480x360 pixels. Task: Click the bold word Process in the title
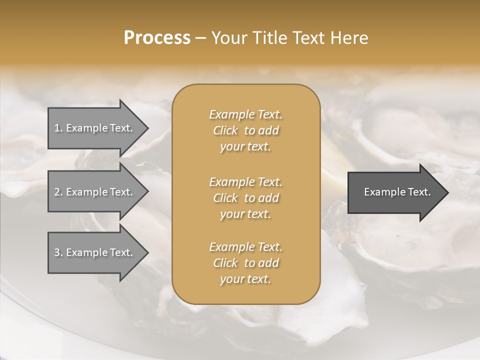point(157,38)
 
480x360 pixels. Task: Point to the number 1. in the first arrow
point(58,128)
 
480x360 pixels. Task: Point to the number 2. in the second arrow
point(58,192)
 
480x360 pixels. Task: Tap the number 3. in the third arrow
point(58,252)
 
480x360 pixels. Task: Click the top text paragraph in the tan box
point(245,130)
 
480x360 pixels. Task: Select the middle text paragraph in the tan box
point(245,198)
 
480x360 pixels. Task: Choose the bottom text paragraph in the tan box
point(245,263)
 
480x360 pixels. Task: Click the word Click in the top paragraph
point(225,130)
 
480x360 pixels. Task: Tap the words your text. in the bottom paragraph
point(245,279)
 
